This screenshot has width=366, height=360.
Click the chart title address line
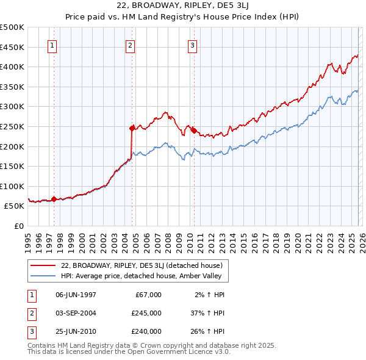click(182, 7)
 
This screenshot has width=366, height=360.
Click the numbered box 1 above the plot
click(52, 45)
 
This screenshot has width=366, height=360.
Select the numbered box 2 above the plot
click(131, 45)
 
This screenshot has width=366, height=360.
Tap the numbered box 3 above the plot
click(192, 45)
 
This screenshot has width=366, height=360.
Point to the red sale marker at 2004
click(132, 128)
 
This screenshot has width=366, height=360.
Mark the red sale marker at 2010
click(193, 130)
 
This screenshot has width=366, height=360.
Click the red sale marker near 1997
click(54, 199)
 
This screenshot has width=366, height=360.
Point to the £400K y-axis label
click(12, 67)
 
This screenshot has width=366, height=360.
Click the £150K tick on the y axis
click(12, 166)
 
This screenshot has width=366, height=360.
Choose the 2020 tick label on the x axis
click(296, 240)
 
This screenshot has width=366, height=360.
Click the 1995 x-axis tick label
click(28, 240)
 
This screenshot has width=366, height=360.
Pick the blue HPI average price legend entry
click(144, 276)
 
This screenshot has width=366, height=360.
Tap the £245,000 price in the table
click(147, 313)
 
